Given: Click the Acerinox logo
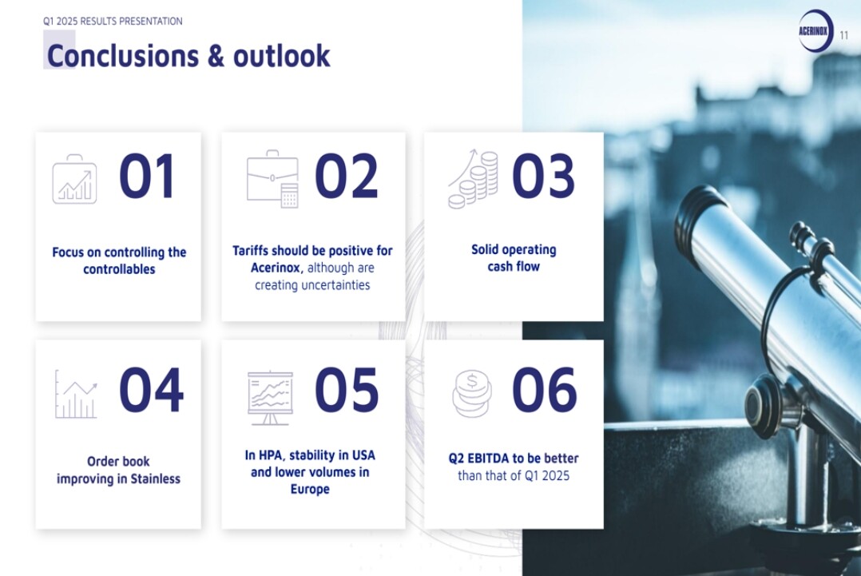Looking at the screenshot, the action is tap(815, 30).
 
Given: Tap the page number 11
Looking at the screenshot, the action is tap(844, 36).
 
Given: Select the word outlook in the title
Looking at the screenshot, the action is tap(282, 55).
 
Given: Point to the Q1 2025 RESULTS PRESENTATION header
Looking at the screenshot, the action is tap(113, 22).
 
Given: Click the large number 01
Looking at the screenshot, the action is tap(147, 177).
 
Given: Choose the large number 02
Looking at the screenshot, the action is tap(347, 177).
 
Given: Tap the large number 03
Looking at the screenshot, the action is tap(544, 177).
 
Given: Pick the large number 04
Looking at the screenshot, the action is tap(151, 390).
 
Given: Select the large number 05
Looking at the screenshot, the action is tap(347, 390).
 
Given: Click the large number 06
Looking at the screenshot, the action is tap(544, 390).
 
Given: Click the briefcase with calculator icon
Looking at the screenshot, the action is tap(272, 178).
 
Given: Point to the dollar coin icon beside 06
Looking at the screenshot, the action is tap(472, 394).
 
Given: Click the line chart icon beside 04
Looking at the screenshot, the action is tap(77, 394).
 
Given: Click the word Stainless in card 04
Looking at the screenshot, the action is tap(156, 479).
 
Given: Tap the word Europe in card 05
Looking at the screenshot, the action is tap(310, 489).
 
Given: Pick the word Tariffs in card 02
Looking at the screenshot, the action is tap(251, 251).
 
